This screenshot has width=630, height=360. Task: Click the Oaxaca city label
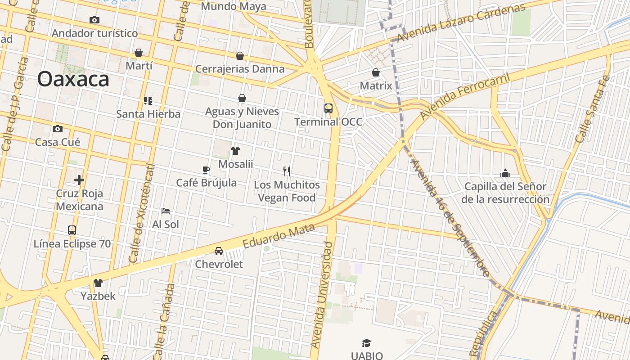[x=73, y=79]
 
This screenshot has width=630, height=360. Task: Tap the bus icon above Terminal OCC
[x=328, y=108]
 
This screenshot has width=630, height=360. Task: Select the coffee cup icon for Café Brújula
[x=206, y=170]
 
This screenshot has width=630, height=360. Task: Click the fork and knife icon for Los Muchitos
[x=287, y=171]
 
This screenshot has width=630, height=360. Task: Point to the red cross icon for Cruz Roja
[x=79, y=180]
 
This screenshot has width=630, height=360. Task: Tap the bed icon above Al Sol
[x=166, y=211]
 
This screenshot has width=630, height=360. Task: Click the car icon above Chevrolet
[x=219, y=251]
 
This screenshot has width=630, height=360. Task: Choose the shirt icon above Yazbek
[x=98, y=283]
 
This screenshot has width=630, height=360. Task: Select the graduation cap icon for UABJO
[x=366, y=343]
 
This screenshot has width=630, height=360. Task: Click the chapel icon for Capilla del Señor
[x=505, y=173]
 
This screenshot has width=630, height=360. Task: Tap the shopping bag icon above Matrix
[x=376, y=72]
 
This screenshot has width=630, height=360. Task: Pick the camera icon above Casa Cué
[x=58, y=129]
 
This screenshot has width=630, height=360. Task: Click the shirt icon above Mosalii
[x=235, y=151]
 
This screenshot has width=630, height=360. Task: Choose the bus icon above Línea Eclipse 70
[x=72, y=230]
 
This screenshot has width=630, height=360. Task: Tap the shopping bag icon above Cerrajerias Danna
[x=240, y=56]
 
